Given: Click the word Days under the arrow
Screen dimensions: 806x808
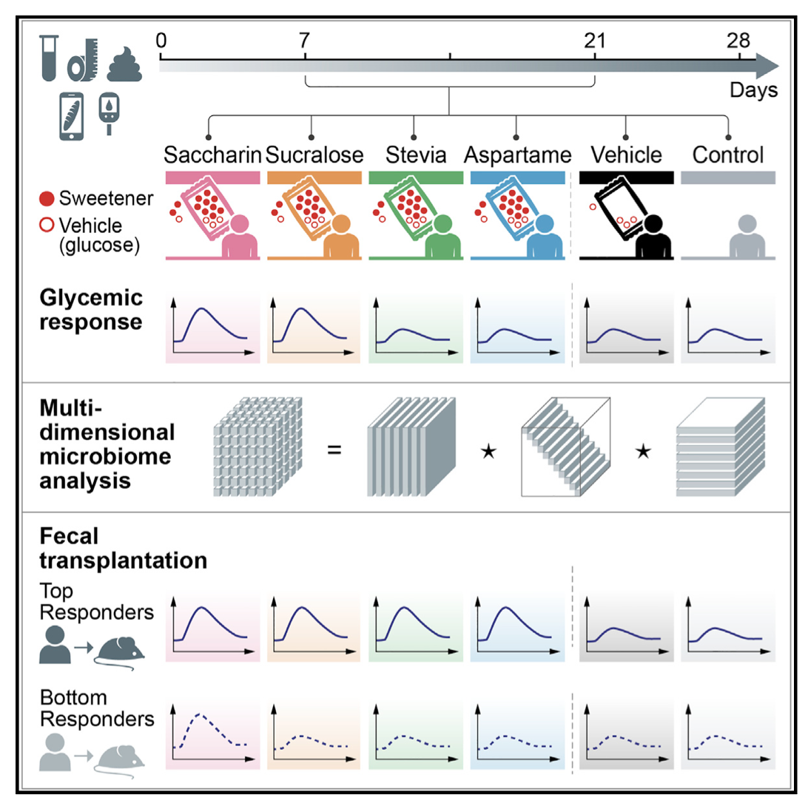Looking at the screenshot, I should coord(753,91).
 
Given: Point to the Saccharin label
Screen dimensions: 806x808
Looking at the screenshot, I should coord(213,155).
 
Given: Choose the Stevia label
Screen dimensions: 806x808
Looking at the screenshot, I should coord(416,155).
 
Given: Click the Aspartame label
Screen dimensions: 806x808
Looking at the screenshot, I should coord(518,155).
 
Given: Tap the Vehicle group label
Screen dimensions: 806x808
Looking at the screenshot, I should coord(626,155).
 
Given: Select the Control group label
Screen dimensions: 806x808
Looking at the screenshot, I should coord(728,155).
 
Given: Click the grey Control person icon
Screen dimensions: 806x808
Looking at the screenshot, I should coord(744,234).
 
